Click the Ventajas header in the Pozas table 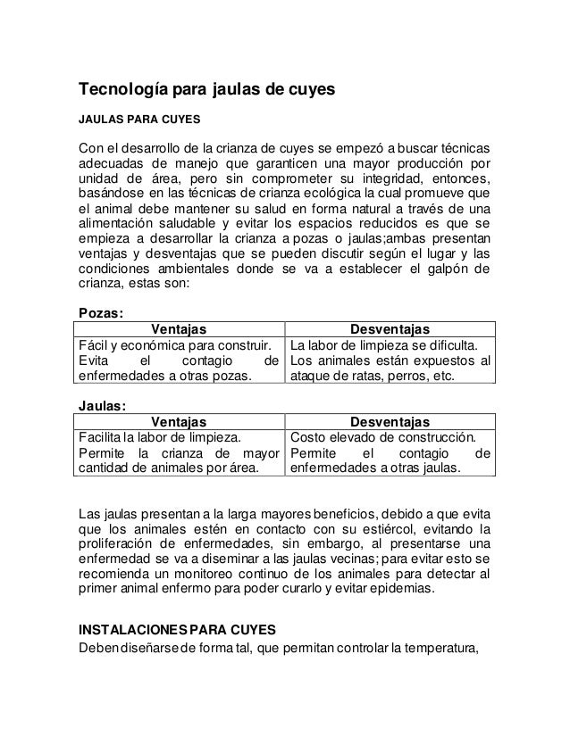click(179, 329)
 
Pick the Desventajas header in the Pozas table click(390, 329)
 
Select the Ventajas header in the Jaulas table click(179, 420)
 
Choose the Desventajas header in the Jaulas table click(390, 420)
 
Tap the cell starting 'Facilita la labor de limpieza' click(179, 452)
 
